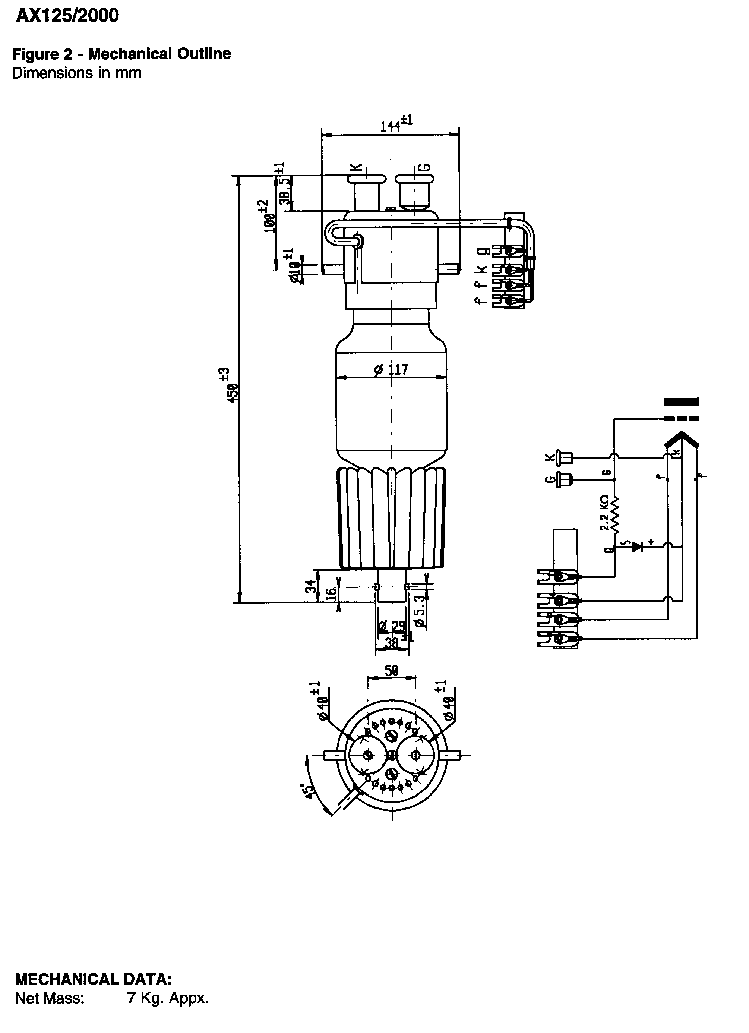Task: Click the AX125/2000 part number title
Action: click(x=67, y=16)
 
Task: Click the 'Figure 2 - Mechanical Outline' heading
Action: click(x=121, y=54)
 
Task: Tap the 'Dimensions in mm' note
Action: click(x=76, y=73)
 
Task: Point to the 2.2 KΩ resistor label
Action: click(x=604, y=513)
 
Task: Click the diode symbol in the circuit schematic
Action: click(x=638, y=546)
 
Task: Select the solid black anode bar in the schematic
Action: click(x=681, y=401)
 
